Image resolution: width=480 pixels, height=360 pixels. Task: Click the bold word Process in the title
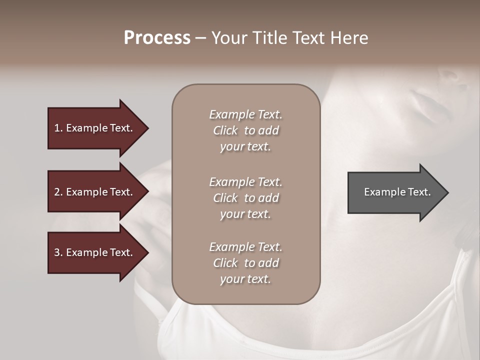click(157, 38)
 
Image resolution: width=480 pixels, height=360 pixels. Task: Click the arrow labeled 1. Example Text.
click(95, 128)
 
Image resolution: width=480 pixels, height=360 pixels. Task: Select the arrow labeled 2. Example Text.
click(95, 192)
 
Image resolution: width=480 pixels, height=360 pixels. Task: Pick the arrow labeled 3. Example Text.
click(95, 252)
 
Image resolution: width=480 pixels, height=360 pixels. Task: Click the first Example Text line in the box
click(245, 114)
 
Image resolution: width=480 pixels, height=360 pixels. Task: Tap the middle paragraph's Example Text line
click(245, 182)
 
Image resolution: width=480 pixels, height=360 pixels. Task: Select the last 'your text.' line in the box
click(245, 279)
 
